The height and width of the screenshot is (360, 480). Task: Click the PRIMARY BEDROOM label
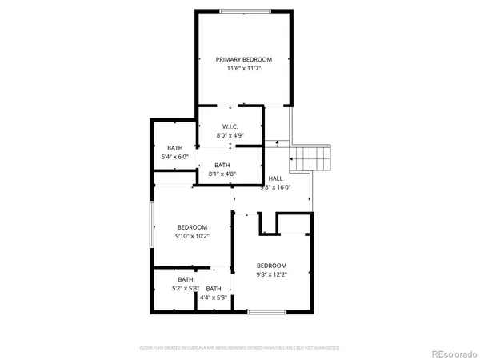(x=244, y=59)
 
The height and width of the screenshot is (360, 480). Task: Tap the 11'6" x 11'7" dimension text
(x=244, y=69)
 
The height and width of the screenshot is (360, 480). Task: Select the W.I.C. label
(x=230, y=126)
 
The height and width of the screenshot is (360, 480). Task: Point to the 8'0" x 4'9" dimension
(x=230, y=136)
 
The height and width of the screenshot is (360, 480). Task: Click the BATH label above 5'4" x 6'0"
(x=174, y=148)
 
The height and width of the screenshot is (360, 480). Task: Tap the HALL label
(x=275, y=178)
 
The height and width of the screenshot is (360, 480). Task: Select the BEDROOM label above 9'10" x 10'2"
(x=192, y=226)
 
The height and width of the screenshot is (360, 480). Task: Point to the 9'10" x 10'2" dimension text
(x=192, y=236)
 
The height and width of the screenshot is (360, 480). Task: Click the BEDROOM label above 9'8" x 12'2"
(x=271, y=266)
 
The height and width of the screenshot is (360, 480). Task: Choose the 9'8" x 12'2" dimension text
(x=271, y=275)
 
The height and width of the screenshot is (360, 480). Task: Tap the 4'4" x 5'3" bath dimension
(x=214, y=298)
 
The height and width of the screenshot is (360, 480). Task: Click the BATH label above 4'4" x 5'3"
(x=214, y=289)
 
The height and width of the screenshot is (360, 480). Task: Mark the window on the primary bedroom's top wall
(x=244, y=10)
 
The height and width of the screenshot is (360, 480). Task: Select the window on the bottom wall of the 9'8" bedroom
(x=266, y=311)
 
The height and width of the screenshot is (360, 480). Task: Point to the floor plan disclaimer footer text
(x=239, y=348)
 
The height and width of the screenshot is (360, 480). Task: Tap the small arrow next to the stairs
(x=277, y=142)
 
